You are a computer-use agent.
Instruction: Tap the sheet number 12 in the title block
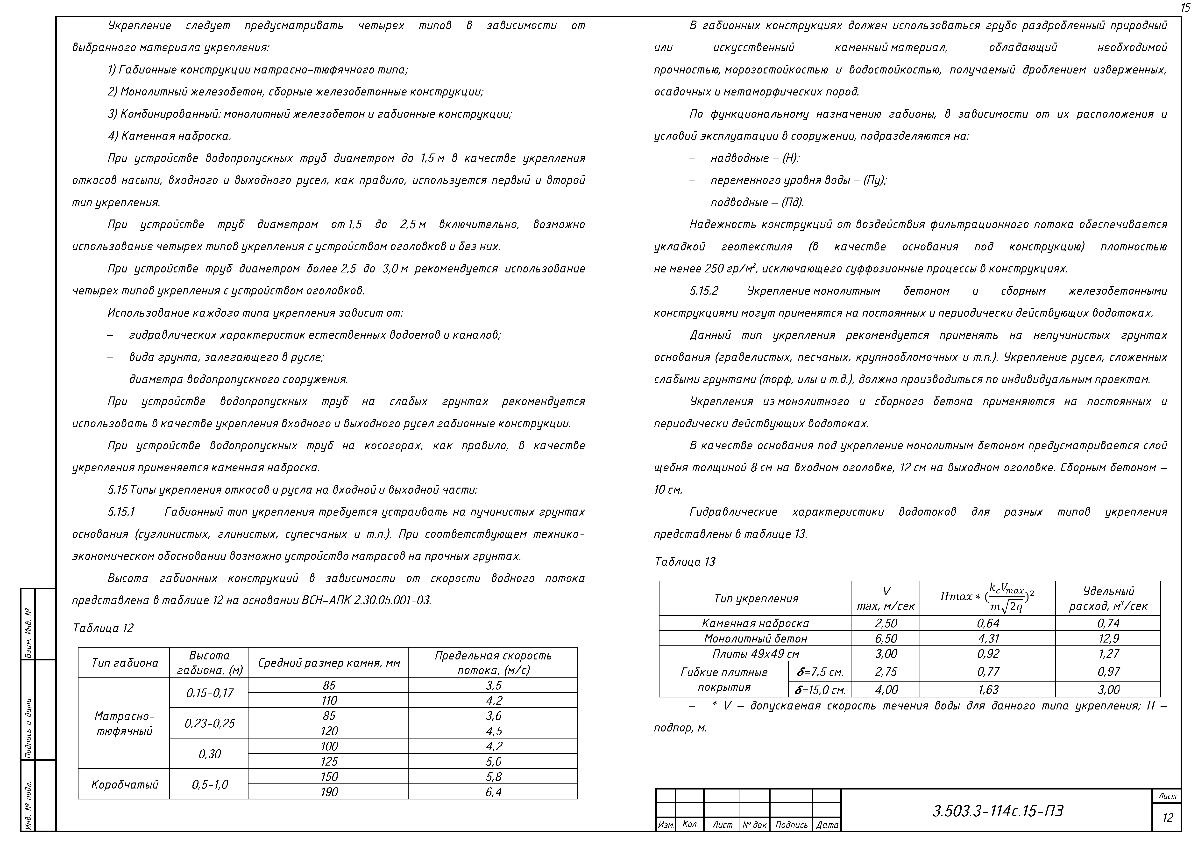[x=1168, y=818]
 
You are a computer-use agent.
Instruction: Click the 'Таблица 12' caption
[x=103, y=628]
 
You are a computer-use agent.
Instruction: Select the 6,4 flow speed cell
[x=493, y=792]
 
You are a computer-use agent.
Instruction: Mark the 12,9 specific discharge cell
[x=1108, y=639]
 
